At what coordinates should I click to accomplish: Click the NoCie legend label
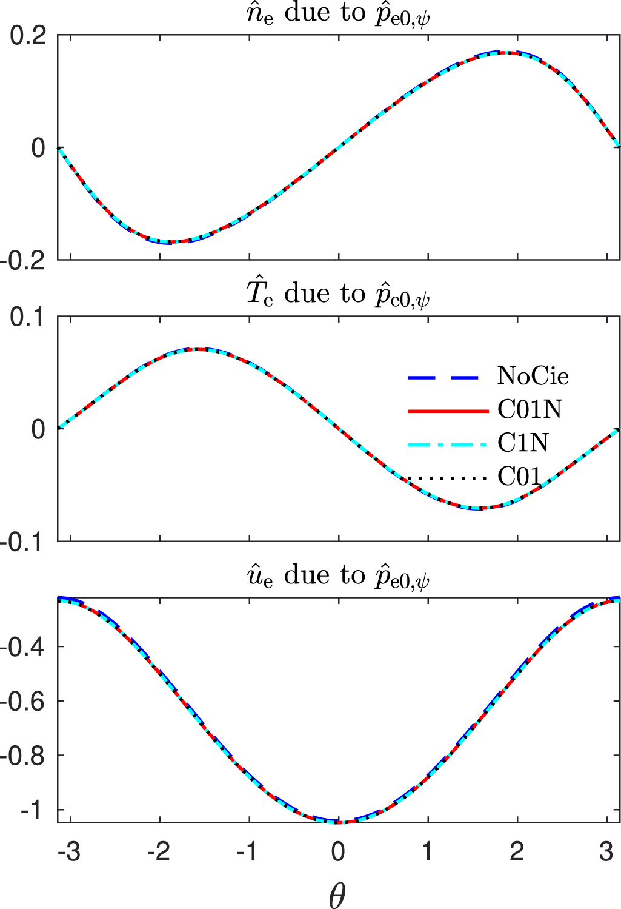click(533, 377)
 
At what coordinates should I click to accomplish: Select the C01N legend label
click(530, 411)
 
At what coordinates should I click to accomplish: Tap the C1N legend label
click(523, 443)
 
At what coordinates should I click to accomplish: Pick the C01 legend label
click(519, 477)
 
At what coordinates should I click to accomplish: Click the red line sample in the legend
click(448, 411)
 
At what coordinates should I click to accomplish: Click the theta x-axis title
click(337, 894)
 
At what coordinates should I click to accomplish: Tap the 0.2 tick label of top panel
click(28, 36)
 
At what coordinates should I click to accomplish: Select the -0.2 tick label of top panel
click(24, 261)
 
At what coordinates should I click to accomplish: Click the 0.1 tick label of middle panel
click(28, 317)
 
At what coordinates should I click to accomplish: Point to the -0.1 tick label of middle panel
click(24, 542)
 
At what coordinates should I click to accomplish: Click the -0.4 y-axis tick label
click(24, 647)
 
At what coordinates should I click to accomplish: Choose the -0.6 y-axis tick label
click(24, 702)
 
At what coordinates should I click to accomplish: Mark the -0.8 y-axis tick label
click(24, 756)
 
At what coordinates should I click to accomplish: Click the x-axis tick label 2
click(517, 852)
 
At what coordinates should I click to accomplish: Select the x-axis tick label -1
click(247, 852)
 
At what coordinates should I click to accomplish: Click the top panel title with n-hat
click(338, 14)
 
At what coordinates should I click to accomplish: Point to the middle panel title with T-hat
click(338, 295)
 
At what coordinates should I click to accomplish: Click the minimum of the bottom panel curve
click(338, 822)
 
